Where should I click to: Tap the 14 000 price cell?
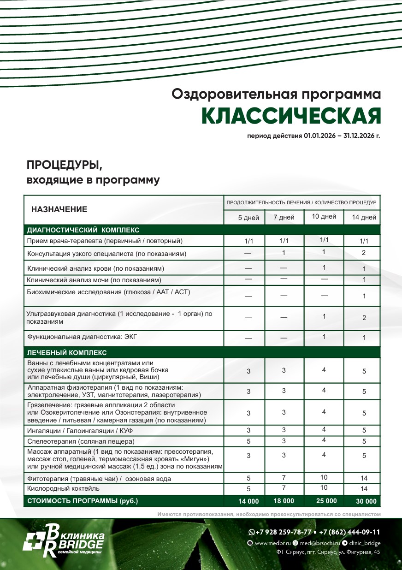tap(248, 501)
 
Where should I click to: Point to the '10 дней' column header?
tap(324, 217)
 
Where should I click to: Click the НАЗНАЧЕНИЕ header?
tap(59, 209)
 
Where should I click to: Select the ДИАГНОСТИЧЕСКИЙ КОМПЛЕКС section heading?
tap(83, 230)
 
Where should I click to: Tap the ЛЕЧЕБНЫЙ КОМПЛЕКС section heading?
tap(67, 353)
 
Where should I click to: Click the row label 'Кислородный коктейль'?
tap(63, 488)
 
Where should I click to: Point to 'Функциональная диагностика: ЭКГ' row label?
tap(83, 337)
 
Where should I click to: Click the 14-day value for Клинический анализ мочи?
tap(364, 279)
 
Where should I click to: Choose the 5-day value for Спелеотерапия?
tap(248, 441)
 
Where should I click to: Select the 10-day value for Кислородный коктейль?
tap(324, 488)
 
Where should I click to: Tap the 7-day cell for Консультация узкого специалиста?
tap(284, 253)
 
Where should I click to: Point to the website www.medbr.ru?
tap(272, 543)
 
